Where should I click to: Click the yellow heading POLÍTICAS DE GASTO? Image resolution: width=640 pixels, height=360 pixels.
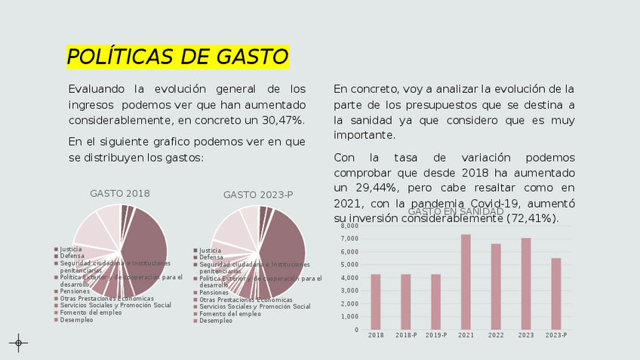177,57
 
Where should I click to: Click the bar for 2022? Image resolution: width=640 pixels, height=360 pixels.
496,286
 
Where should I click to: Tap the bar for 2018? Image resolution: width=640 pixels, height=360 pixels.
376,301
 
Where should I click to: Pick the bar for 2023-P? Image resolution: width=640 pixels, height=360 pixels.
556,294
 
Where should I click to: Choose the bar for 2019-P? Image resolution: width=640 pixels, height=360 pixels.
436,301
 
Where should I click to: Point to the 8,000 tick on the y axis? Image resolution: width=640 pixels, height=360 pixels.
349,226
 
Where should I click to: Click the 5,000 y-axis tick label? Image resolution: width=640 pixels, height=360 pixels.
349,265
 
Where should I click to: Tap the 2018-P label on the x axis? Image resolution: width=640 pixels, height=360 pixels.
406,335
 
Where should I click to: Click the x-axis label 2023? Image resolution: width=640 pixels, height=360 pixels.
526,335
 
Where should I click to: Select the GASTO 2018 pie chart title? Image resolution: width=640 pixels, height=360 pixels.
120,193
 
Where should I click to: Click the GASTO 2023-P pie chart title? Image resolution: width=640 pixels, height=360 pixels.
258,195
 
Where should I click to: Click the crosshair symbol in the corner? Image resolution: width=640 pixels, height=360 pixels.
19,343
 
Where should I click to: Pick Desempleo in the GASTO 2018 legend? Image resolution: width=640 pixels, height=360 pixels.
76,320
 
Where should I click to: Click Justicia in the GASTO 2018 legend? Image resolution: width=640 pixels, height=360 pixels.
71,249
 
